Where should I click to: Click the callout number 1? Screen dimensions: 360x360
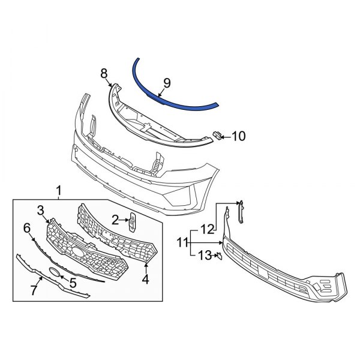click(x=59, y=191)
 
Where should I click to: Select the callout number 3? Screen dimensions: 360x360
click(x=41, y=210)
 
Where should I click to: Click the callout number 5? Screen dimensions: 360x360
click(x=73, y=281)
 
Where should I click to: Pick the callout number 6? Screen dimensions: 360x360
click(x=26, y=228)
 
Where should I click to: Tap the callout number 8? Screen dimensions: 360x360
click(x=104, y=73)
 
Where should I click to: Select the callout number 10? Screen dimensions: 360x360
click(x=238, y=137)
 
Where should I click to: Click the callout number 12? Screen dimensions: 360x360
click(x=207, y=229)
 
